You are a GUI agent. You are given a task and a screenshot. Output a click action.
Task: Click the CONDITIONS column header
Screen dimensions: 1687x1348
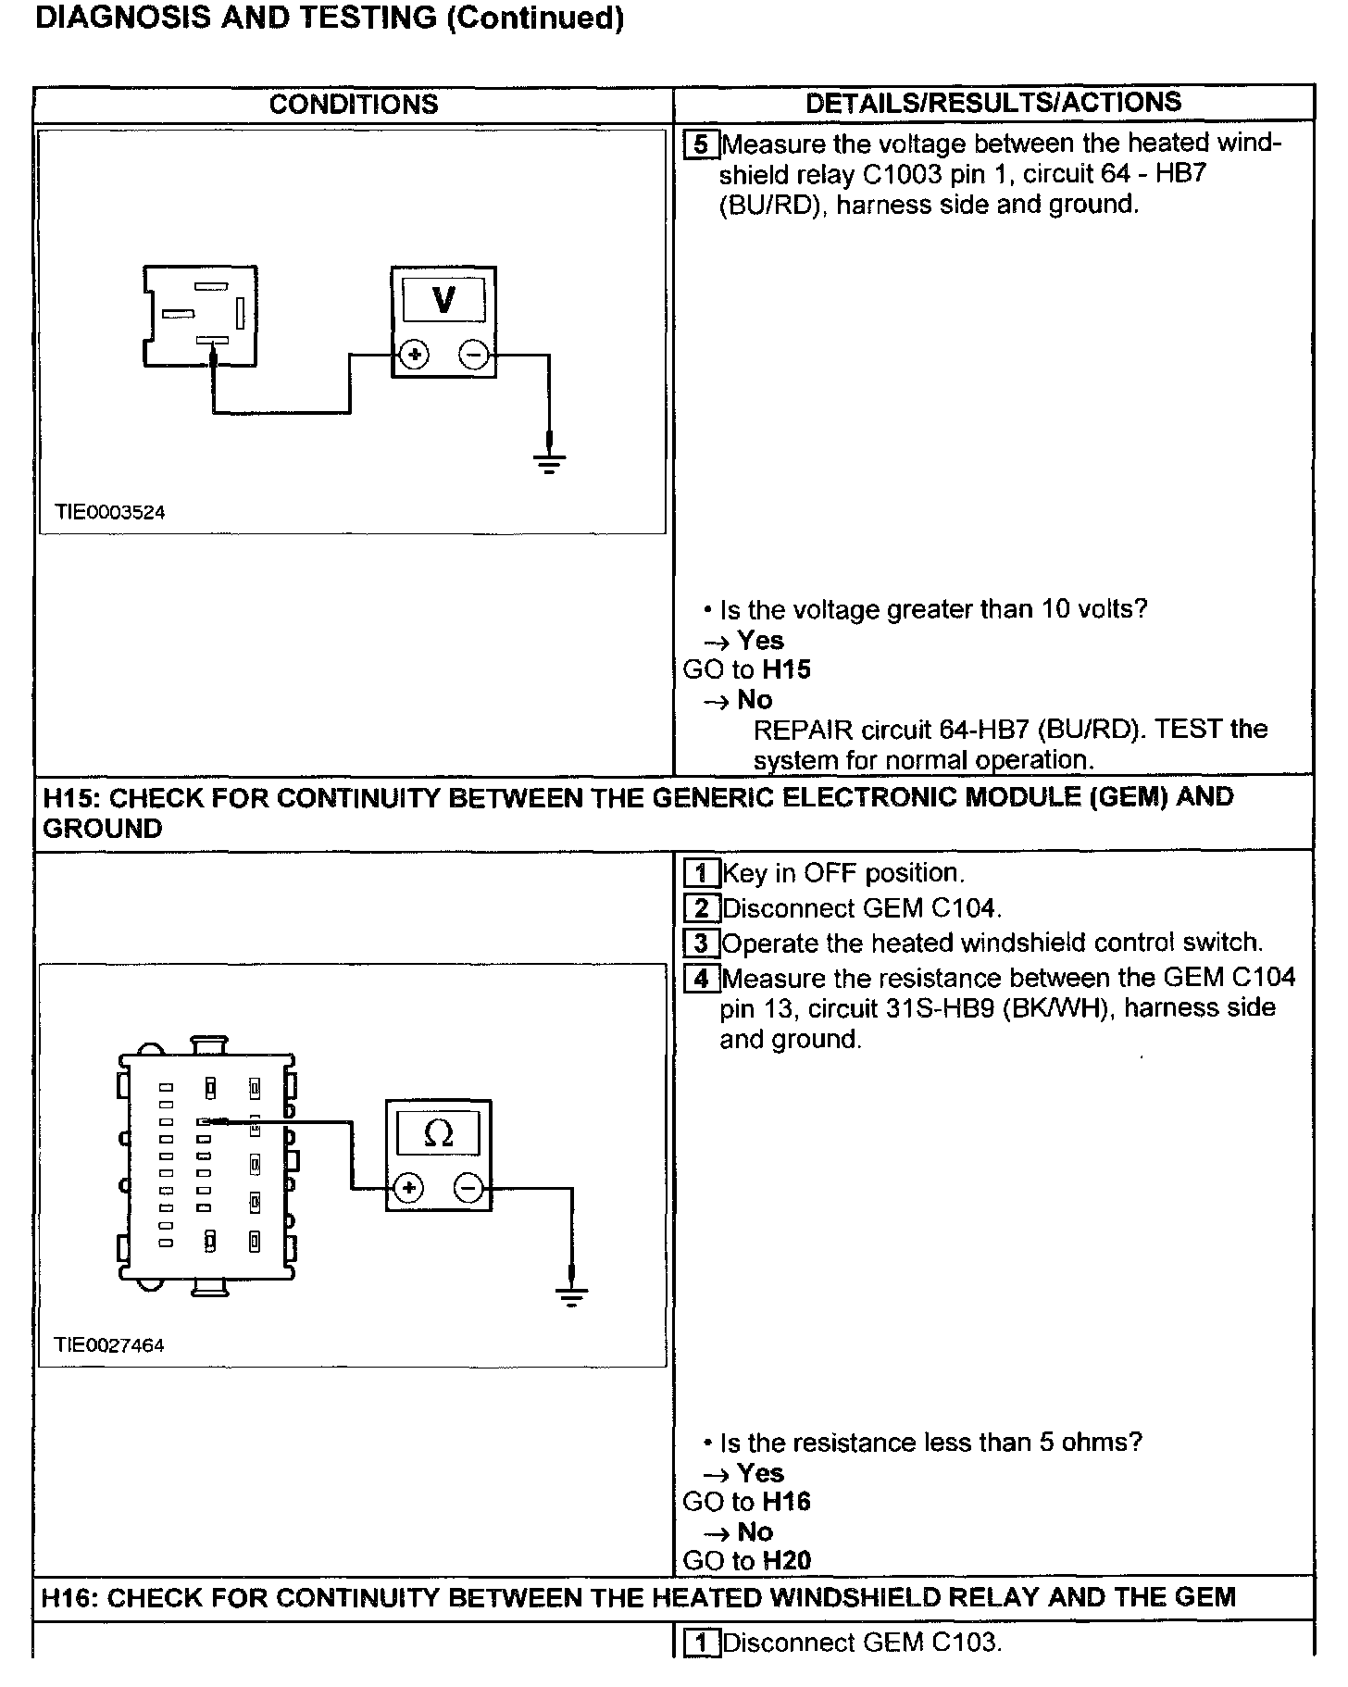point(354,104)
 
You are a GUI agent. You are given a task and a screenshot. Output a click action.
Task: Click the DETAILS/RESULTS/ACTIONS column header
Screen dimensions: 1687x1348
point(993,102)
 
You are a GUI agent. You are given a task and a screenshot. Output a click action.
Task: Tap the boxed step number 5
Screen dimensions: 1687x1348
point(701,144)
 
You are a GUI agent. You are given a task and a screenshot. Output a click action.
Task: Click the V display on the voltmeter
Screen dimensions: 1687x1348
point(443,300)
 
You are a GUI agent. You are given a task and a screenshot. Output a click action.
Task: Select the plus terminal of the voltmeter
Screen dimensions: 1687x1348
point(415,355)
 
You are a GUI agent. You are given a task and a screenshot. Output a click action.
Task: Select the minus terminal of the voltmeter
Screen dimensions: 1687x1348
point(474,355)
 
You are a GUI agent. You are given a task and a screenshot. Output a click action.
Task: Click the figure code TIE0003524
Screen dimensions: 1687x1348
point(109,512)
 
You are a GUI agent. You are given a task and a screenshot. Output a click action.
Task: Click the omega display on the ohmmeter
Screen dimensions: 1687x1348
point(438,1133)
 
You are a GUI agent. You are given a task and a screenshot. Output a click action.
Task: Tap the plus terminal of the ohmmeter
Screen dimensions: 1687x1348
point(409,1189)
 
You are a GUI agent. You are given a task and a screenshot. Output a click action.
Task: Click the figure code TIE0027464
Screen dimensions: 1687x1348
point(109,1345)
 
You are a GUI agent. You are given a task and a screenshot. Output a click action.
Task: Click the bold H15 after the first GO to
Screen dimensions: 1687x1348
point(786,669)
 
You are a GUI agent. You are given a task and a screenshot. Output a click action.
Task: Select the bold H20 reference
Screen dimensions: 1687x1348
point(786,1561)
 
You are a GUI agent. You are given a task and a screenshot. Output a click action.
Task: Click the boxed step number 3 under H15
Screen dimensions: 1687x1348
point(701,943)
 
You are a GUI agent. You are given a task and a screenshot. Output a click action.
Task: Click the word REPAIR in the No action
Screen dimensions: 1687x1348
point(803,730)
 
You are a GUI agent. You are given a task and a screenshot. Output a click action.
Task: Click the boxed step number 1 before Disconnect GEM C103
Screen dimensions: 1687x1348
point(701,1643)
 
